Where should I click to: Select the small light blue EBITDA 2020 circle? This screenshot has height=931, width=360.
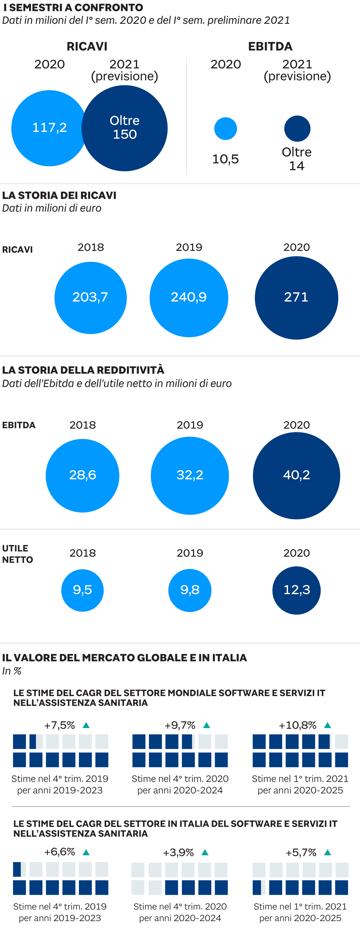(226, 129)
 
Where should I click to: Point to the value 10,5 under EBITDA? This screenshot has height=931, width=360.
(226, 159)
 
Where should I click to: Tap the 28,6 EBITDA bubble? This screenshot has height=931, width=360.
(82, 475)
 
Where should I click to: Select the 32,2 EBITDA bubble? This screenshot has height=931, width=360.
(190, 475)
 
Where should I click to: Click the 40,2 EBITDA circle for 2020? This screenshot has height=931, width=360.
(296, 475)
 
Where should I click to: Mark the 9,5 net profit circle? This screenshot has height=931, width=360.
(82, 590)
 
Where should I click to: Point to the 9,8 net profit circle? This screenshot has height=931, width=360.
(190, 590)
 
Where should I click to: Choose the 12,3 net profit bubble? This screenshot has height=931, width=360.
(296, 590)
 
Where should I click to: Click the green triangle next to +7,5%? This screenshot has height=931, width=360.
(86, 725)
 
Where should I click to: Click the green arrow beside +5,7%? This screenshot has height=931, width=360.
(327, 853)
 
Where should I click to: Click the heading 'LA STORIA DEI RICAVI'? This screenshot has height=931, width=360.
(59, 196)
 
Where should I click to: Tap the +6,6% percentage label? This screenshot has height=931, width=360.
(60, 852)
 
